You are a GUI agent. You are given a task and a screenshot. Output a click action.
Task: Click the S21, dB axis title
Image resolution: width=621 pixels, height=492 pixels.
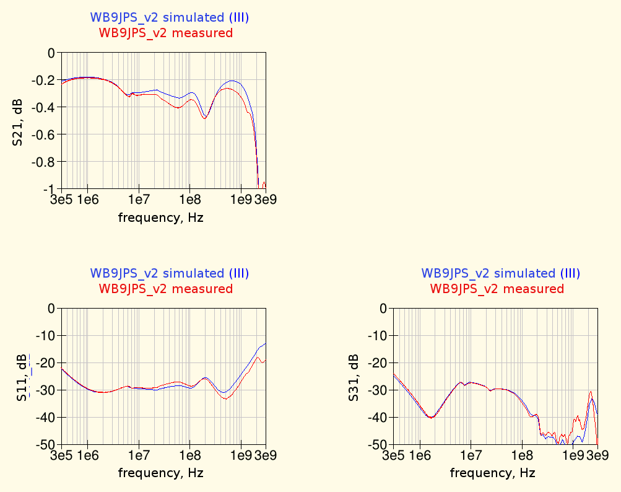pos(18,121)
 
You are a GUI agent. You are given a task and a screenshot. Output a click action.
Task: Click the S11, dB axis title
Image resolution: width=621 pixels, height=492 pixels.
pos(22,376)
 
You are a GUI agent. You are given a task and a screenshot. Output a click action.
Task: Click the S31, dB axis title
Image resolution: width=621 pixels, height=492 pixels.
pos(354,376)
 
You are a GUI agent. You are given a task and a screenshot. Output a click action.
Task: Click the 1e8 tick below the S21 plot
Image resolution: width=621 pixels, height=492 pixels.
pos(189,200)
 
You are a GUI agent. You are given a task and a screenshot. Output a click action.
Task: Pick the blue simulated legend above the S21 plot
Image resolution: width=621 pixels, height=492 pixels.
pos(170,17)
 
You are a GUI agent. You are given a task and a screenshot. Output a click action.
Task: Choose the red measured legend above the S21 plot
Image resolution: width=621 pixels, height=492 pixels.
pos(166,33)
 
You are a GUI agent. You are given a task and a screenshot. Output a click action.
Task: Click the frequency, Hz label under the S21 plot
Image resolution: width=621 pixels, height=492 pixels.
pos(160,217)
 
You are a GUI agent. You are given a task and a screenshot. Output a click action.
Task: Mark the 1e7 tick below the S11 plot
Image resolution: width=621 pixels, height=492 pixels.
pos(139,456)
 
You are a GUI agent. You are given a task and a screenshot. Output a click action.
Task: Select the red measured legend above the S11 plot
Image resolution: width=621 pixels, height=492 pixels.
pos(166,289)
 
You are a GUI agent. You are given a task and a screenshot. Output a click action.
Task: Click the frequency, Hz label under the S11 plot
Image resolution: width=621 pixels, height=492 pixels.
pos(160,473)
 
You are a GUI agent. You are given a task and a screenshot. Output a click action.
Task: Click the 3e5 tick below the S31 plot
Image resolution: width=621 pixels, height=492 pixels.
pos(394,456)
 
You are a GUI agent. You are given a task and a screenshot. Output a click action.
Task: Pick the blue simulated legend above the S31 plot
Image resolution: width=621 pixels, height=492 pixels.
pos(501,273)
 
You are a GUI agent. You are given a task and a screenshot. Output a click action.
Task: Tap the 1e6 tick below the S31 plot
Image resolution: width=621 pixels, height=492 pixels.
pos(420,456)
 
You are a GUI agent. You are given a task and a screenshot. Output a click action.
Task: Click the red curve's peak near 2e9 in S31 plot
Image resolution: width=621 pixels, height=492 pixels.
pos(591,392)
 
